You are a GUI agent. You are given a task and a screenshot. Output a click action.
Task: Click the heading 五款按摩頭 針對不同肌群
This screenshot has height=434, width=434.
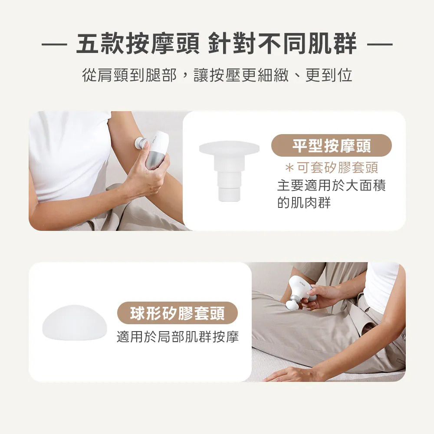pyautogui.click(x=217, y=43)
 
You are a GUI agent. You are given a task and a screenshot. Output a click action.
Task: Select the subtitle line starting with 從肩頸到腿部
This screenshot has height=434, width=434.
pyautogui.click(x=217, y=75)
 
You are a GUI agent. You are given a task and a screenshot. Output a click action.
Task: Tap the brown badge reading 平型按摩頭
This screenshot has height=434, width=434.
pyautogui.click(x=331, y=145)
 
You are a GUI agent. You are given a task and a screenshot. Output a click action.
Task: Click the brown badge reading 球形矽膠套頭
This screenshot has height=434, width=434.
pyautogui.click(x=178, y=313)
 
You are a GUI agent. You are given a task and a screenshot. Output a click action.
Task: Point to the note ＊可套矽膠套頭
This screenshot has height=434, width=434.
pyautogui.click(x=331, y=168)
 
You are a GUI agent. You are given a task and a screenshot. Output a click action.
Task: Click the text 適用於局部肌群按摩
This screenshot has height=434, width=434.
pyautogui.click(x=178, y=337)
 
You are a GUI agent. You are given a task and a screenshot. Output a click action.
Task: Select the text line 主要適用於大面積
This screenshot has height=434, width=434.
pyautogui.click(x=331, y=185)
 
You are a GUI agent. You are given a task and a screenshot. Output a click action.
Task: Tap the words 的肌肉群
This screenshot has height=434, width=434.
pyautogui.click(x=304, y=203)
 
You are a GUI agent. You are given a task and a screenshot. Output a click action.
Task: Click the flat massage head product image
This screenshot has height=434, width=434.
pyautogui.click(x=229, y=171)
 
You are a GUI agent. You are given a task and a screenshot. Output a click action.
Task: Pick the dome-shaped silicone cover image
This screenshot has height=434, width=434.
pyautogui.click(x=75, y=322)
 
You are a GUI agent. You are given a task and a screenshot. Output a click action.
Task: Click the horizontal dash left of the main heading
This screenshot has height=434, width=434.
pyautogui.click(x=54, y=44)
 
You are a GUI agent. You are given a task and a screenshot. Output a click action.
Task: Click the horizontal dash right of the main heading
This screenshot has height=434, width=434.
pyautogui.click(x=380, y=44)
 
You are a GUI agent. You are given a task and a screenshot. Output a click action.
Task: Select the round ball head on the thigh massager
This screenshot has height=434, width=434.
pyautogui.click(x=292, y=305)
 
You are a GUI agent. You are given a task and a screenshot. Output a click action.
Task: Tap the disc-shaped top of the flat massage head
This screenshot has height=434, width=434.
pyautogui.click(x=229, y=148)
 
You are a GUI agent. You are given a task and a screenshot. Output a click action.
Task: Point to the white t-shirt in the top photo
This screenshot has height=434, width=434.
pyautogui.click(x=69, y=155)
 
